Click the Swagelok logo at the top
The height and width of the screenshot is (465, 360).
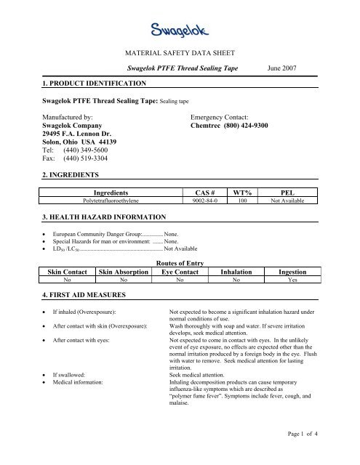[x=180, y=31]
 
